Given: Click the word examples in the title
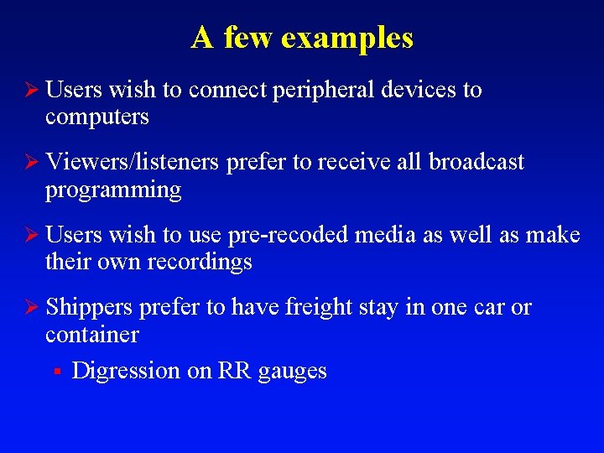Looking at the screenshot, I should pyautogui.click(x=347, y=39).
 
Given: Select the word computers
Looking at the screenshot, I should pyautogui.click(x=97, y=117).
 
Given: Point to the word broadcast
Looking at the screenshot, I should pyautogui.click(x=476, y=162).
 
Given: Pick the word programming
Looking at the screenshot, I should pyautogui.click(x=113, y=190).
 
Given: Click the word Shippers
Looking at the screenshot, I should pyautogui.click(x=89, y=308).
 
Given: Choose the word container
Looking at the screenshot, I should pyautogui.click(x=92, y=335).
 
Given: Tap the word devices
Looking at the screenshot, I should pyautogui.click(x=419, y=90).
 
